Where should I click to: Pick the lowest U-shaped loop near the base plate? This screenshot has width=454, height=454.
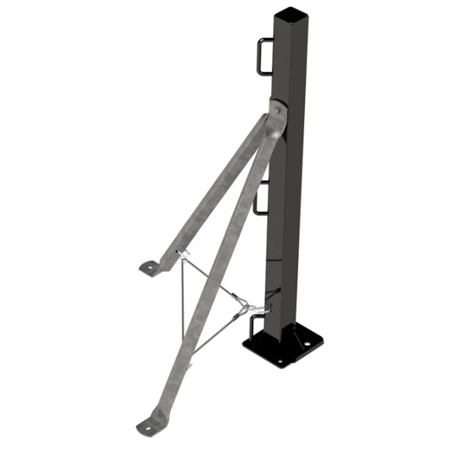(x=257, y=327)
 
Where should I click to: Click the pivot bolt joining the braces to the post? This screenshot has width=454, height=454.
(x=277, y=110)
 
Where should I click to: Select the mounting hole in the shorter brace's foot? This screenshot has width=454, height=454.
(x=149, y=266)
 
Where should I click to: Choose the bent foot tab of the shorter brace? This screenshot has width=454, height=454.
(x=152, y=266)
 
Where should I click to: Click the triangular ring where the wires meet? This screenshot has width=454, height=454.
(x=243, y=306)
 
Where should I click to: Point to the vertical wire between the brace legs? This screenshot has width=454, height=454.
(x=182, y=303)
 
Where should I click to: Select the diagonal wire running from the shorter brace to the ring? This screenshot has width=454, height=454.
(x=212, y=280)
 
